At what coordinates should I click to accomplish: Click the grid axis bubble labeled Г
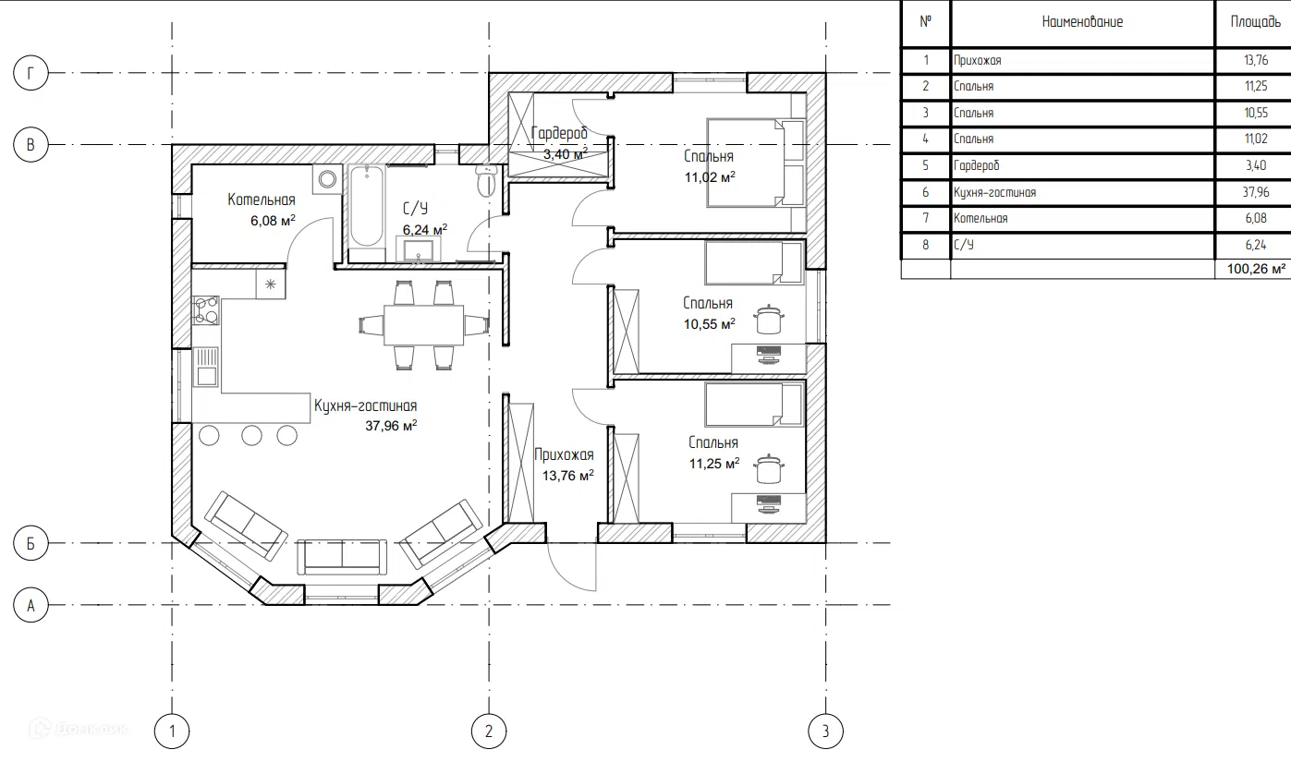coord(30,73)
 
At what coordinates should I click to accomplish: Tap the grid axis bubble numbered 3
coord(825,731)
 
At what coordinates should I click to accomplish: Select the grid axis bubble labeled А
coord(30,605)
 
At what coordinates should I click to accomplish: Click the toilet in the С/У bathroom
coord(487,180)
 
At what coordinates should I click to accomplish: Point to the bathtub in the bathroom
coord(366,213)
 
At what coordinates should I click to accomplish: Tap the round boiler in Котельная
coord(327,179)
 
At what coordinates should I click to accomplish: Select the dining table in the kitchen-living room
coord(423,325)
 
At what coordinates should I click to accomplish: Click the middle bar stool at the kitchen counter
coord(251,435)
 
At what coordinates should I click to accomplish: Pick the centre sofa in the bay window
coord(342,556)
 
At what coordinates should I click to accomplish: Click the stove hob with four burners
coord(206,310)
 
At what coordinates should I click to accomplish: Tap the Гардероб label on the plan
coord(559,133)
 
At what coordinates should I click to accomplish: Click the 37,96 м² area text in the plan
coord(391,426)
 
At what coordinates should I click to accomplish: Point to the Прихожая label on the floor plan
coord(564,454)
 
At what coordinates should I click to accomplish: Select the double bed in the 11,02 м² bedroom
coord(756,163)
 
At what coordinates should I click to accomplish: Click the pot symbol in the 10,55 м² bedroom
coord(769,320)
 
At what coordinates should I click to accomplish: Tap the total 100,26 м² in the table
coord(1256,269)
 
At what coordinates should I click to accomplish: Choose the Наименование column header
coord(1082,22)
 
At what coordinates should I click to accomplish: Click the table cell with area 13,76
coord(1256,60)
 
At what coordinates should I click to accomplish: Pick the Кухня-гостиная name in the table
coord(994,192)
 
